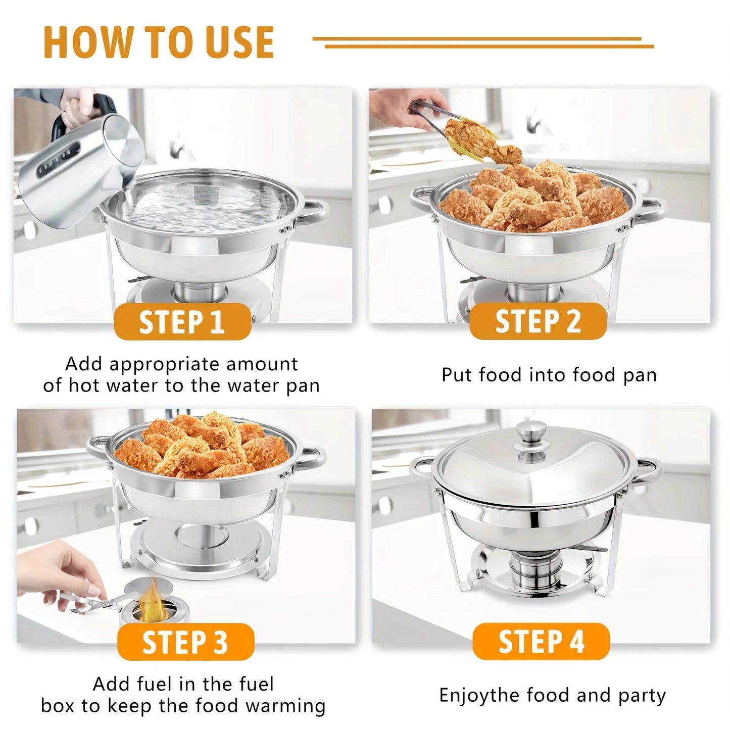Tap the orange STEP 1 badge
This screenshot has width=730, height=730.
pyautogui.click(x=182, y=322)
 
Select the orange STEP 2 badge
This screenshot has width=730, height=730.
pyautogui.click(x=538, y=322)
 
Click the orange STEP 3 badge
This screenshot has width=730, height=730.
pyautogui.click(x=185, y=642)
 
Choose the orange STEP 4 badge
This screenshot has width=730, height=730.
pyautogui.click(x=541, y=642)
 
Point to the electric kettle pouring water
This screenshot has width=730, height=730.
pyautogui.click(x=81, y=162)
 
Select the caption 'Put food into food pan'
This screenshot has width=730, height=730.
pyautogui.click(x=549, y=375)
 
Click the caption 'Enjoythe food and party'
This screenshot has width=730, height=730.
pyautogui.click(x=552, y=696)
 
